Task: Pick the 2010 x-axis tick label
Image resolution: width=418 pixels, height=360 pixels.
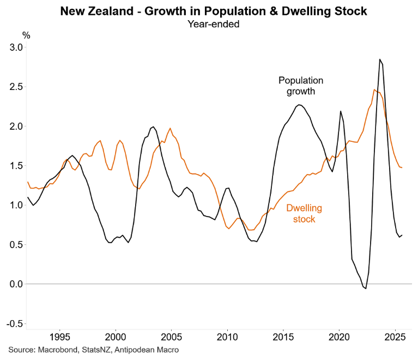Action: (x=227, y=336)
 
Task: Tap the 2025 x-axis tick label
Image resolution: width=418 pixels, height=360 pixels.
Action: (x=395, y=336)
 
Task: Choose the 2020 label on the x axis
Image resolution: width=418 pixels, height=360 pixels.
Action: (x=339, y=336)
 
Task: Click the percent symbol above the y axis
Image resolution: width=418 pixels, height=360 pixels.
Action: (x=26, y=35)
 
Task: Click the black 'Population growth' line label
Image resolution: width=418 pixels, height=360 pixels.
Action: (x=301, y=86)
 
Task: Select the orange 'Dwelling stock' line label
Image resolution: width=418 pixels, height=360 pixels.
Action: (x=304, y=213)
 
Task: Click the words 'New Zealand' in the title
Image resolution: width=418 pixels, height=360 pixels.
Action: (x=90, y=11)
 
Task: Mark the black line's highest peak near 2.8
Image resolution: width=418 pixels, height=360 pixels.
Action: (x=379, y=59)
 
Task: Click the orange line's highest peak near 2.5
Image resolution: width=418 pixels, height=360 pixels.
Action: (x=374, y=89)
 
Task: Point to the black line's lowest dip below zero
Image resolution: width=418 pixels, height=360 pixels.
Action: (x=366, y=288)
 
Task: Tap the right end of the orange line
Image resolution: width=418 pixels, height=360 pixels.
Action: (x=402, y=167)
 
